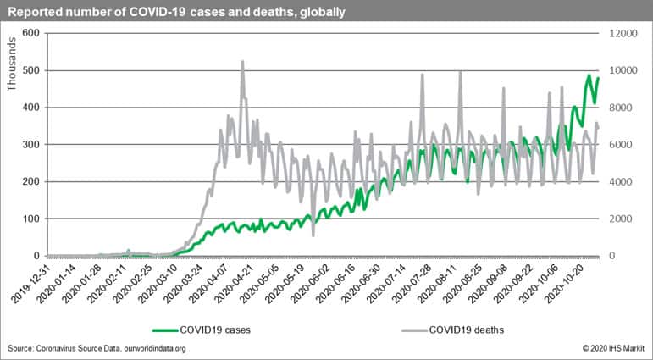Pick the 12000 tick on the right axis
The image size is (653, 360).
tap(620, 33)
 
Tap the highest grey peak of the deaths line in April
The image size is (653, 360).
tap(242, 62)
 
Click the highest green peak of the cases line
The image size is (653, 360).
tap(589, 75)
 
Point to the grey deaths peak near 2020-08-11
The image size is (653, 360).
tap(460, 72)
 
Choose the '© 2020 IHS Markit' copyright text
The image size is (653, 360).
tap(607, 348)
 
